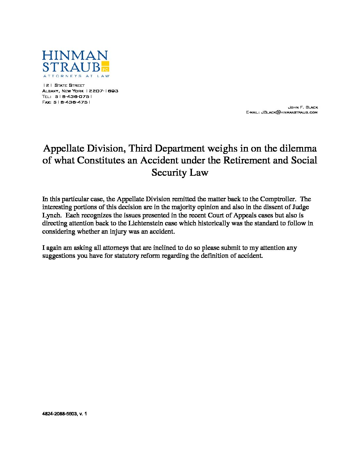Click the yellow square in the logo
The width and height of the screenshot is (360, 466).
click(105, 67)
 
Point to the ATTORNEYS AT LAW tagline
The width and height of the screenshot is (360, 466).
click(76, 76)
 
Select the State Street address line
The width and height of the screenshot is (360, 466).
click(64, 85)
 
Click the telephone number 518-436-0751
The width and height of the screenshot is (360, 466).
click(73, 96)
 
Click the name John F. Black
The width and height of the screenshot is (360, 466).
click(303, 107)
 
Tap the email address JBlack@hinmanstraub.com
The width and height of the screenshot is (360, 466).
click(289, 113)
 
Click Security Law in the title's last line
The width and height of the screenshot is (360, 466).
click(180, 172)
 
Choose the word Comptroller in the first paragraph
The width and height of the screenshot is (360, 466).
click(278, 199)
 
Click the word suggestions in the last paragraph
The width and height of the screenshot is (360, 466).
click(59, 256)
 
